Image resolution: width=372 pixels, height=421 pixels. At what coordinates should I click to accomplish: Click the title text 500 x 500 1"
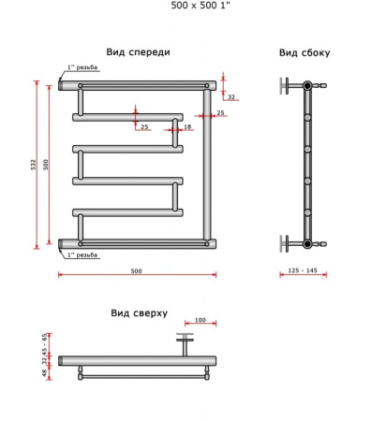(201, 6)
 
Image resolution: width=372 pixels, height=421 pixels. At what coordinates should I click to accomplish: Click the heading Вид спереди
(138, 52)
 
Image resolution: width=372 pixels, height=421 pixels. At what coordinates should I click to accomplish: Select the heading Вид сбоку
(305, 53)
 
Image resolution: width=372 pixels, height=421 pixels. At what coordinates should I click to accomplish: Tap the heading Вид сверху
(139, 313)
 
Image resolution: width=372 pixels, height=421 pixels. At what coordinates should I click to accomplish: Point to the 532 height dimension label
(34, 165)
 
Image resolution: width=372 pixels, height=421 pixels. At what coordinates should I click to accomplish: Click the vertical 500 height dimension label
(46, 165)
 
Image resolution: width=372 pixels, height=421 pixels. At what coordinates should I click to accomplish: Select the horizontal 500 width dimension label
(136, 271)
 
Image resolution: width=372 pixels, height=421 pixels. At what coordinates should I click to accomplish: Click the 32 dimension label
(231, 97)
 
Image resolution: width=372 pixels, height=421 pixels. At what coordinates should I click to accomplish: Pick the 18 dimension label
(187, 126)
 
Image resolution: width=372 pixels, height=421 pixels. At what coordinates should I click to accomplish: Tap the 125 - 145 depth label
(303, 270)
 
